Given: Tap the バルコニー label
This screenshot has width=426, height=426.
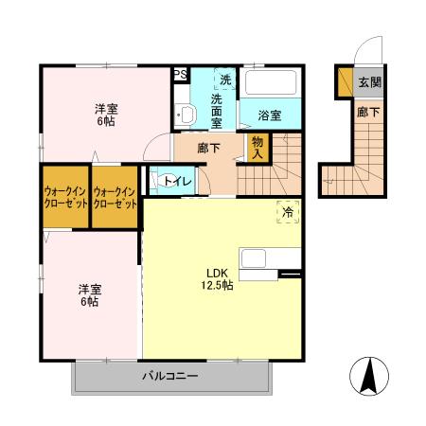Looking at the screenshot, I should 170,377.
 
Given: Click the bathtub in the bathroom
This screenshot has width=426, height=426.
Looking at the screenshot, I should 271,82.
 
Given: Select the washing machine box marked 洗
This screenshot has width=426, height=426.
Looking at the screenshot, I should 224,80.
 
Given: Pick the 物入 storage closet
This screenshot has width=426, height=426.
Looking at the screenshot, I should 257,147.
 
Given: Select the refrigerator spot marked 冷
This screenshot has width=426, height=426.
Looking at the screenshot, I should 287,213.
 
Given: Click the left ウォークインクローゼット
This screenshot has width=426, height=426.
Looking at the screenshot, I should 64,197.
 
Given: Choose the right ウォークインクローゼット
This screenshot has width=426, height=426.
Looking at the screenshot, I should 115,197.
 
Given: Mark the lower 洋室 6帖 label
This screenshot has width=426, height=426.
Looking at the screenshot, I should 89,294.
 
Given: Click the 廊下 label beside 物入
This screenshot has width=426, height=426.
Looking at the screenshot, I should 209,148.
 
